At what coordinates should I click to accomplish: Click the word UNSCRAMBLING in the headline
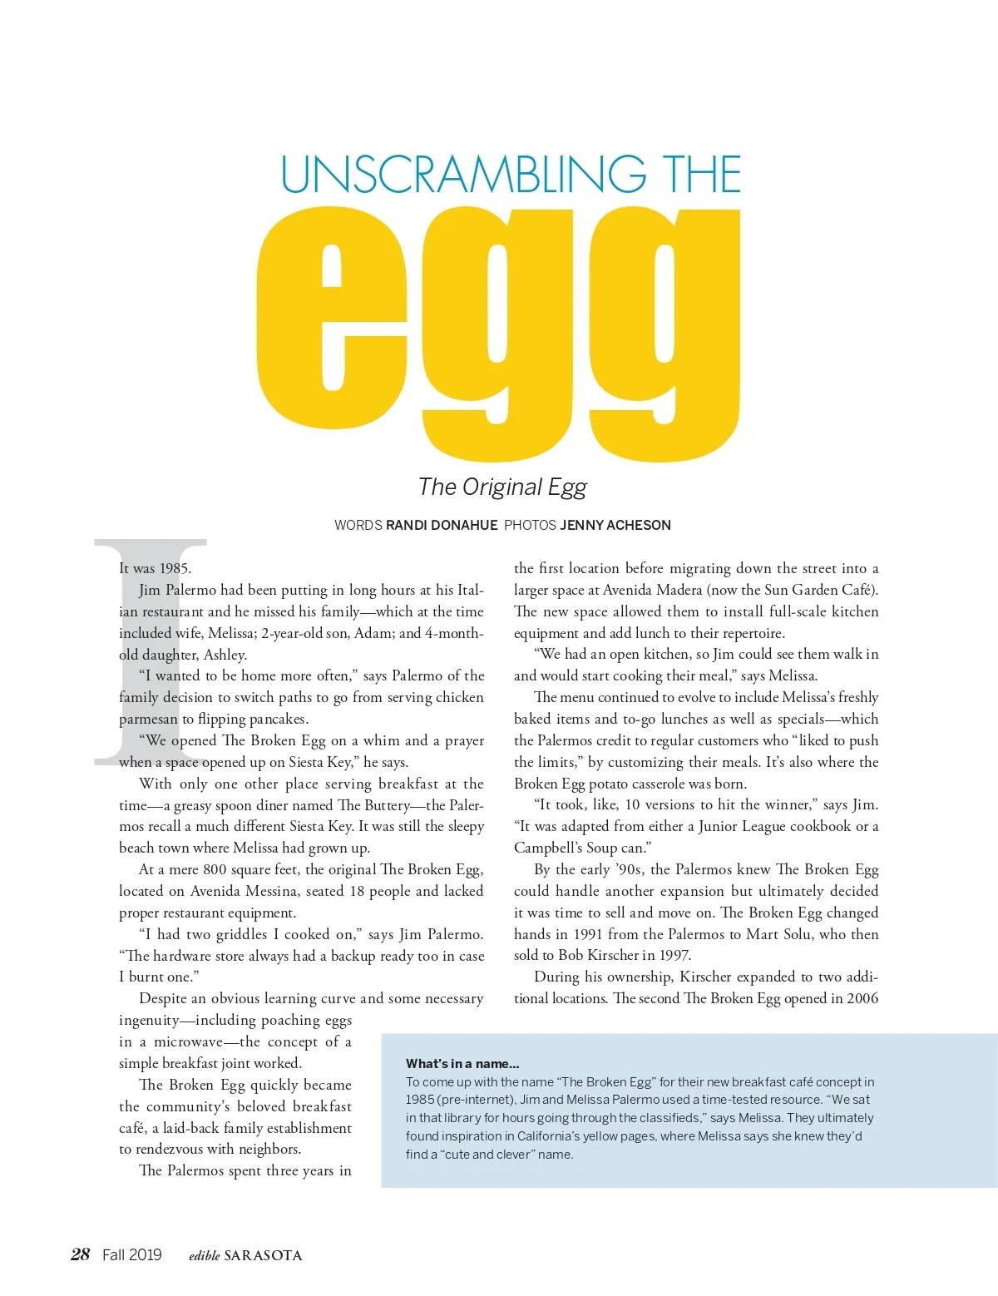click(x=464, y=175)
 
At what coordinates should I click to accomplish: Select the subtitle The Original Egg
click(x=502, y=487)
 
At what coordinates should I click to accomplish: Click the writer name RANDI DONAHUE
click(x=442, y=525)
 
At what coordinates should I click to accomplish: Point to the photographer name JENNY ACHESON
click(x=615, y=525)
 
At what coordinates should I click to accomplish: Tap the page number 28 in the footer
click(x=81, y=1254)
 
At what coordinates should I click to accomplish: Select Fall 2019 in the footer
click(x=132, y=1254)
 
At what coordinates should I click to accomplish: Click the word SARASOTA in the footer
click(x=263, y=1255)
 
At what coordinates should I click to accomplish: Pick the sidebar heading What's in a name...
click(x=462, y=1063)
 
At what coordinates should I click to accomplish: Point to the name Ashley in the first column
click(x=225, y=655)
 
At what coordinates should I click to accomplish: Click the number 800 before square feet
click(x=215, y=869)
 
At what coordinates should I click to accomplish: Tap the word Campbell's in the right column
click(x=548, y=848)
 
